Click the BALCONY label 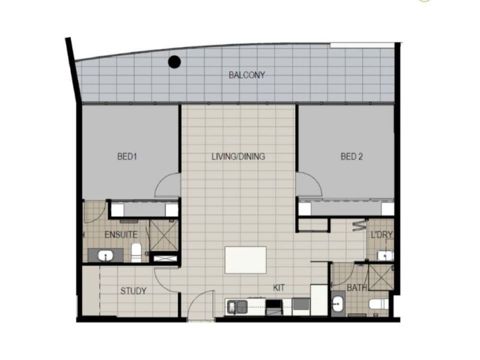tap(247, 75)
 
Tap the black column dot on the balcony tap(175, 62)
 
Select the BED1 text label tap(127, 157)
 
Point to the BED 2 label tap(352, 157)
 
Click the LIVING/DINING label tap(238, 157)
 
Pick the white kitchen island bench tap(245, 260)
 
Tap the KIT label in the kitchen tap(278, 288)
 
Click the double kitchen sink tap(237, 307)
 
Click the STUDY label tap(133, 291)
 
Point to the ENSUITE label tap(121, 235)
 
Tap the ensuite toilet tap(136, 253)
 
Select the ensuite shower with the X tap(164, 235)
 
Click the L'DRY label tap(382, 235)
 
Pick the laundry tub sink tap(385, 256)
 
